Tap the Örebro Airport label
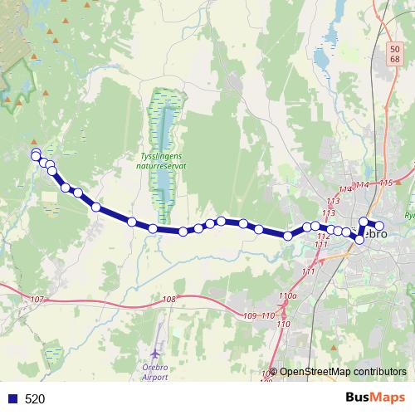[155, 371]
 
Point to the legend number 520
[35, 399]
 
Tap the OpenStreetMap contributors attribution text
[343, 371]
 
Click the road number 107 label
[35, 299]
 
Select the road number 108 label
[170, 299]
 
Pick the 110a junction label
[288, 295]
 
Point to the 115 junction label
[385, 183]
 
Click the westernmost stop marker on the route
[35, 154]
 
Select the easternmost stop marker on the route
[380, 226]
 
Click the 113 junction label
[334, 201]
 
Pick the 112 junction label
[324, 237]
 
